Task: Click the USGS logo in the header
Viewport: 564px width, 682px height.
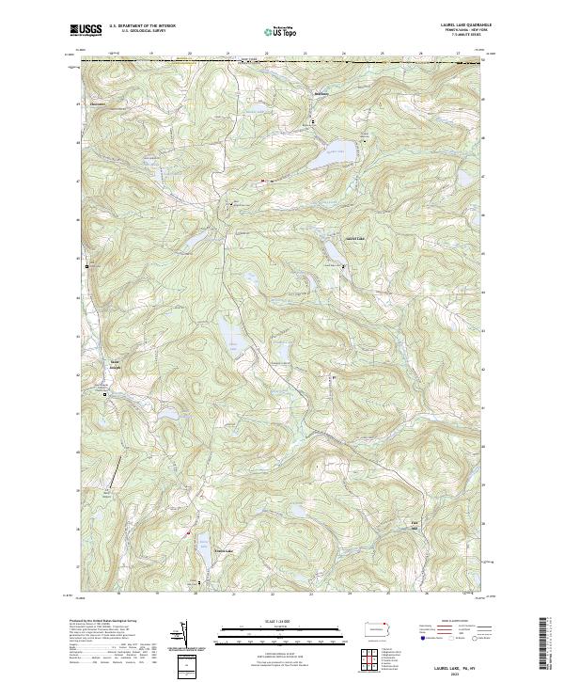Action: pyautogui.click(x=86, y=30)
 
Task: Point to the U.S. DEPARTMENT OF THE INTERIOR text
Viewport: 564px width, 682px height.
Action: pyautogui.click(x=142, y=25)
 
